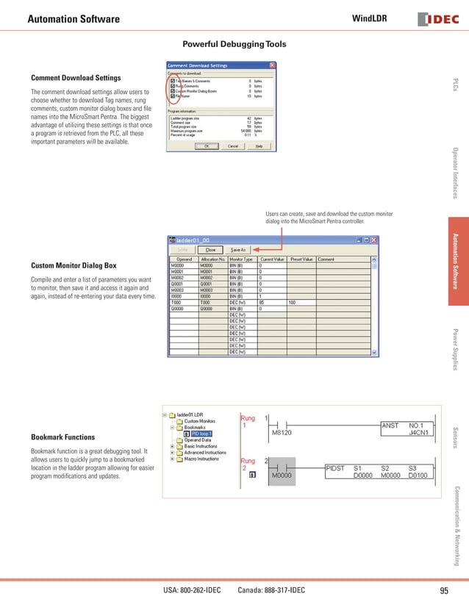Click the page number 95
click(443, 591)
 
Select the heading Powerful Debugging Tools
click(234, 45)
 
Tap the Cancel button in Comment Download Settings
click(233, 146)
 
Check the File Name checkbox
click(173, 96)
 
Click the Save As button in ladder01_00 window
click(238, 250)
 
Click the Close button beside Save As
click(210, 250)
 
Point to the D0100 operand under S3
click(419, 475)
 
